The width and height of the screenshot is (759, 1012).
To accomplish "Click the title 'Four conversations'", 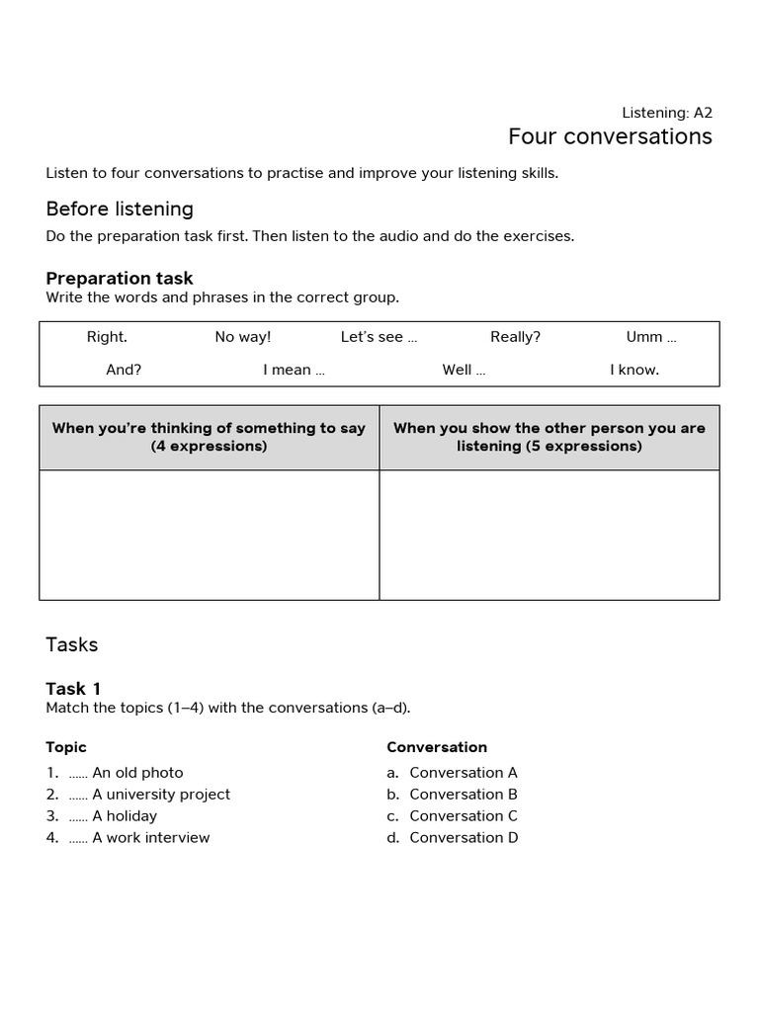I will click(610, 136).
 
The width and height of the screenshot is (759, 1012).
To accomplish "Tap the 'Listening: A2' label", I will click(666, 113).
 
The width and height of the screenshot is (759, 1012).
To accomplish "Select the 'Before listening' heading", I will click(120, 209).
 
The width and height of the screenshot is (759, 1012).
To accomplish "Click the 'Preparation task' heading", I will click(120, 279).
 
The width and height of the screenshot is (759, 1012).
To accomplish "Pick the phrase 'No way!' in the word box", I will click(242, 337).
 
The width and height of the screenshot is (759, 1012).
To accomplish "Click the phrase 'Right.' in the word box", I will click(107, 337).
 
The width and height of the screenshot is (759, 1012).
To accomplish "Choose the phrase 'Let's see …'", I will click(379, 337).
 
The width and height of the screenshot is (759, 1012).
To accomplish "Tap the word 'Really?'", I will click(515, 337).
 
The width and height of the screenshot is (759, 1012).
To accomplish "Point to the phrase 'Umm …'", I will click(650, 337).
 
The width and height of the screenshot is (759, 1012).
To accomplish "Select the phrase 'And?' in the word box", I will click(124, 370).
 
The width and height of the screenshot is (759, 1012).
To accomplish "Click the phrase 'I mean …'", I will click(294, 370).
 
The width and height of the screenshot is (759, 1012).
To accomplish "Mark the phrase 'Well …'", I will click(464, 370).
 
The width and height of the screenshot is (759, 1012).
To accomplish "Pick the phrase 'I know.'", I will click(634, 370).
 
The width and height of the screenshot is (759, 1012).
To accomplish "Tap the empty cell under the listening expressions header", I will click(549, 535).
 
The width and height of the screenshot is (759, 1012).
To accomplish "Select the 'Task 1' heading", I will click(73, 689).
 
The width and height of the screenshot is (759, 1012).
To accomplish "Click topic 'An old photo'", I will click(137, 773).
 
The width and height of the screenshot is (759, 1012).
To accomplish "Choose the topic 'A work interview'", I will click(150, 838).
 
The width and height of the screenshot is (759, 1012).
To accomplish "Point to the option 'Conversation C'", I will click(464, 816).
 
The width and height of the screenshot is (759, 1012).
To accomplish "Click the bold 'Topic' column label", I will click(66, 747).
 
